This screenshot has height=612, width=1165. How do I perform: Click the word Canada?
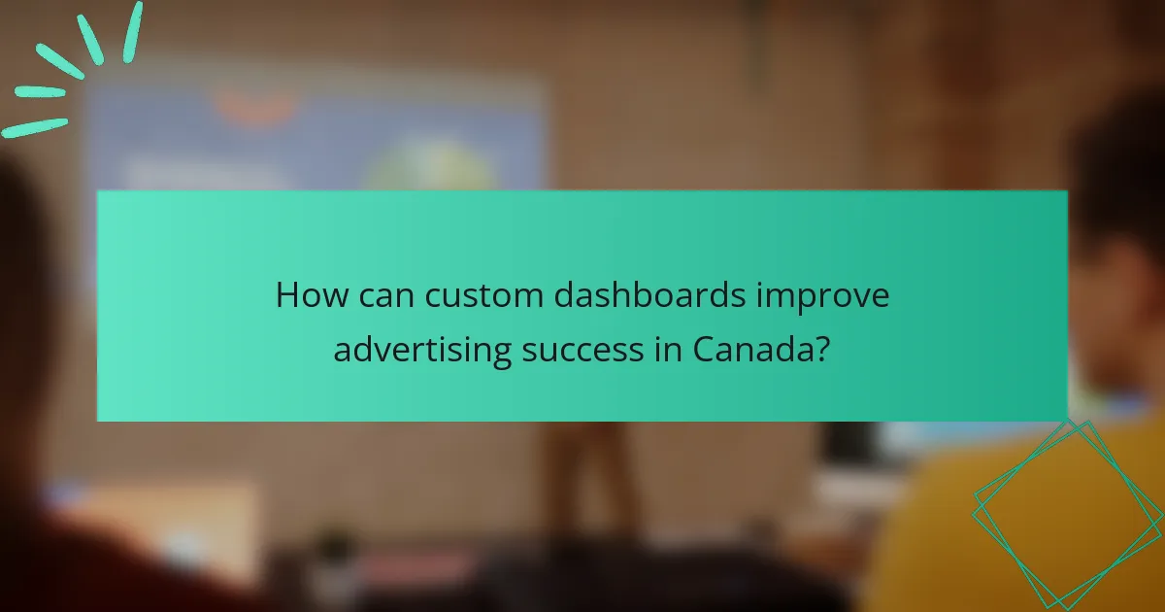tap(753, 350)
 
